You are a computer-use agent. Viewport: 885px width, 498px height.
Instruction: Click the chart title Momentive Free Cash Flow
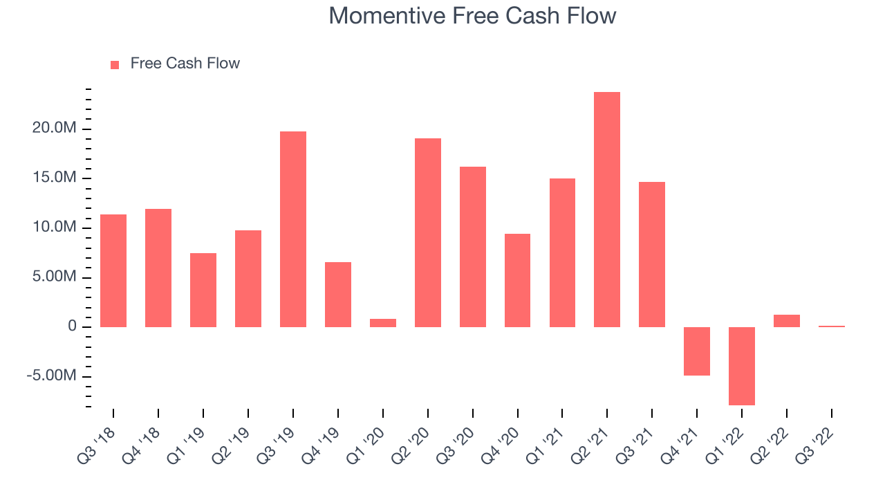472,16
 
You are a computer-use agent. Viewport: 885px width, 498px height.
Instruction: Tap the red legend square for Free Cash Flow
115,65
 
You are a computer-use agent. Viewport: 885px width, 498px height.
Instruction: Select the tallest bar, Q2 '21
607,210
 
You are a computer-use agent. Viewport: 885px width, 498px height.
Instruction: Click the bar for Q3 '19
293,229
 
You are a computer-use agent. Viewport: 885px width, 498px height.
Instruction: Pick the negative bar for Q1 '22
742,366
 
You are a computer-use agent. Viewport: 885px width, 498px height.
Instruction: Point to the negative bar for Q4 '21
697,351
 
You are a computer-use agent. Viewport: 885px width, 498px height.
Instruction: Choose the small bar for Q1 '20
383,323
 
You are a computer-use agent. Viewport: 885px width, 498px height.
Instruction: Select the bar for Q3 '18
113,270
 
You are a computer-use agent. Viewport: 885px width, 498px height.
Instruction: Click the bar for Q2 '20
428,233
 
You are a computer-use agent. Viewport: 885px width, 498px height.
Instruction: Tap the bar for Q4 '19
338,295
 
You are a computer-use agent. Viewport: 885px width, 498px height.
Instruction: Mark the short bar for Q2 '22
787,321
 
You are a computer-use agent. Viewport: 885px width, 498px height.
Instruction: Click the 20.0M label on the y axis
55,128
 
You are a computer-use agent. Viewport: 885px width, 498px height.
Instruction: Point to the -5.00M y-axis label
51,375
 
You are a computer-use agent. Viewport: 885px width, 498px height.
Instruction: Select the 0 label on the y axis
73,326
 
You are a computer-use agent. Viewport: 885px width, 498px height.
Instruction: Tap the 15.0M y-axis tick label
55,177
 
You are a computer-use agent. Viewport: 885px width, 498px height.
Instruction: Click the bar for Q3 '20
473,247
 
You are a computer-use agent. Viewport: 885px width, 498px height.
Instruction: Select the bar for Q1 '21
562,253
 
